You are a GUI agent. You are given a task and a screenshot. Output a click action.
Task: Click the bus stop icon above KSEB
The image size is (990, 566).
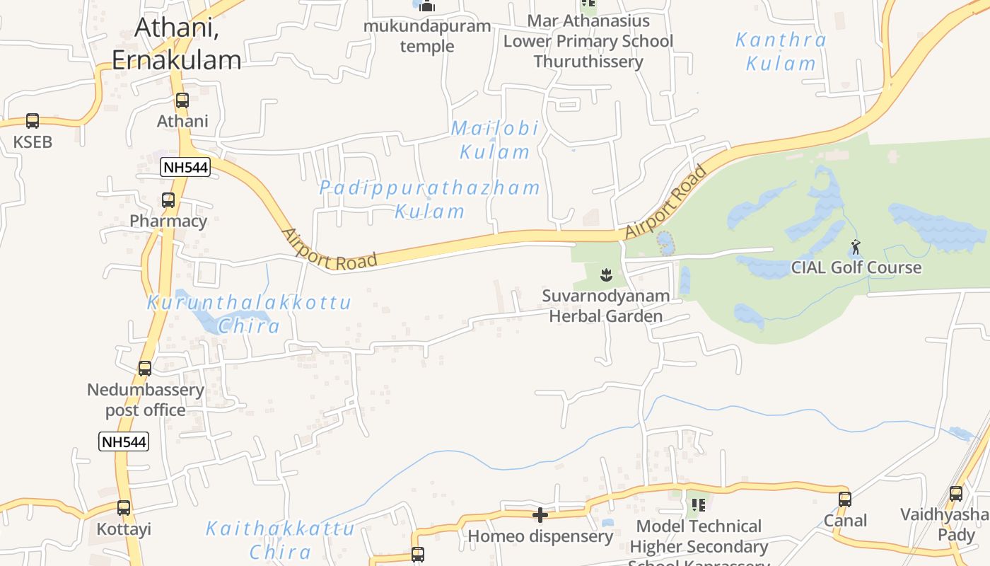click(33, 121)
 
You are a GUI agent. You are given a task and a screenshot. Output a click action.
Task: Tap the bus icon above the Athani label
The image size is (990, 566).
click(182, 100)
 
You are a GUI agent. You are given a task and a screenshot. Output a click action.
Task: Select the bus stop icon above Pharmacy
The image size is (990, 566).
click(168, 200)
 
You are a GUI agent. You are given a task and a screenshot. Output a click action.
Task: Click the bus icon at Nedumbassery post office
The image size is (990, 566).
click(145, 369)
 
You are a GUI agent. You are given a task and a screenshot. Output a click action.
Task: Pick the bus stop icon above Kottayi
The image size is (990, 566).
click(124, 508)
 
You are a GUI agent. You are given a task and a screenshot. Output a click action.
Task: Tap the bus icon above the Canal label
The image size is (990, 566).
click(844, 499)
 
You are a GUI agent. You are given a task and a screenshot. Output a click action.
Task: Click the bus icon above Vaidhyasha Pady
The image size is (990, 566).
click(956, 494)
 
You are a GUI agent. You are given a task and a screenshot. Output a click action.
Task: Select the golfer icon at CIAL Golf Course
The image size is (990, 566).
click(856, 248)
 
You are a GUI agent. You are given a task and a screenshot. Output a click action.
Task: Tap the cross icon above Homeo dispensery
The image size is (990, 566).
click(540, 515)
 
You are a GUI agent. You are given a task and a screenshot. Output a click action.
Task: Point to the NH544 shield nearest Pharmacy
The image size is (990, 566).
click(185, 168)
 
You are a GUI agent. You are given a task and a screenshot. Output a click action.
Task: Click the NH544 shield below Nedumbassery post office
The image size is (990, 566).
click(123, 442)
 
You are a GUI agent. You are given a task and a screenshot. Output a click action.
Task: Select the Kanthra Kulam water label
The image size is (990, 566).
click(781, 52)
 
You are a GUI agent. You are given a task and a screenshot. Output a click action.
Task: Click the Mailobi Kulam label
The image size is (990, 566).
click(495, 140)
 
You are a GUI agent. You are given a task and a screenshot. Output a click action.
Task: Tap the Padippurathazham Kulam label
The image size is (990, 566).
click(430, 200)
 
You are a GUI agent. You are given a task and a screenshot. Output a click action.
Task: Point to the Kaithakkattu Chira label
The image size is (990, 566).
click(280, 540)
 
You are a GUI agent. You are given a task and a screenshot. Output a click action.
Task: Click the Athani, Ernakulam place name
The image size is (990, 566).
click(177, 44)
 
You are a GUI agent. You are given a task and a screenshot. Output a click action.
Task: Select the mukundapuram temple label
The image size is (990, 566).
click(427, 36)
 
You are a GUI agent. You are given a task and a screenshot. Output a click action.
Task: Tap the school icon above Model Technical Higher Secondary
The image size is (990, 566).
click(699, 505)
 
